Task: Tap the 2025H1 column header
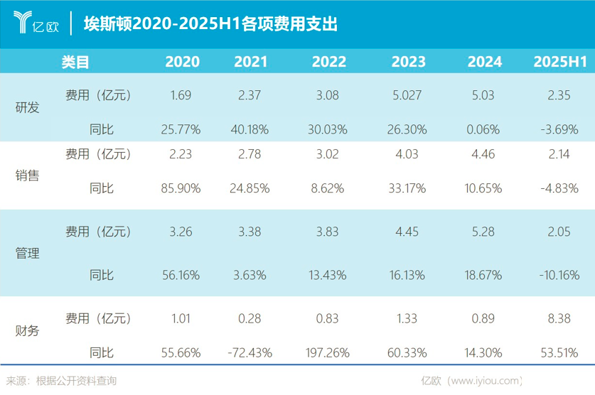point(559,62)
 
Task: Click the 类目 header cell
point(75,62)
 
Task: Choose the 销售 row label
point(27,175)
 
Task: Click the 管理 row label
point(27,252)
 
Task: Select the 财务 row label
point(27,330)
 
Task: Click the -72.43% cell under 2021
point(250,351)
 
